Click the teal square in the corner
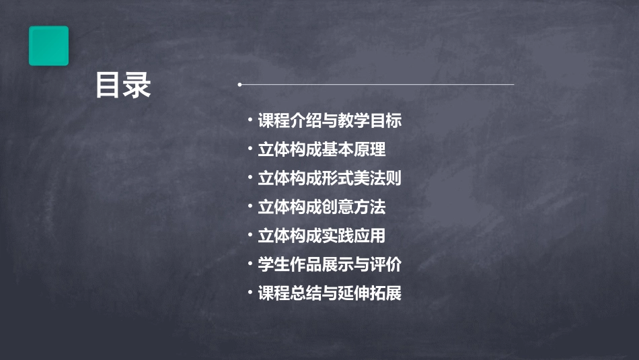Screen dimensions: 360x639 [48, 46]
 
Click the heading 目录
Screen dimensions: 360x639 [123, 86]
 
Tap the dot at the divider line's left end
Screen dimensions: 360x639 [239, 85]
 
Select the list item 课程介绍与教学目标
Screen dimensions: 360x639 [330, 121]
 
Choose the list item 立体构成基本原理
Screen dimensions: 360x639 [322, 149]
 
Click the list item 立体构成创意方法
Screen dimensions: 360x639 [322, 207]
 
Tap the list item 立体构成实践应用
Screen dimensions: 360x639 [322, 236]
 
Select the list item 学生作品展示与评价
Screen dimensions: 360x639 [330, 264]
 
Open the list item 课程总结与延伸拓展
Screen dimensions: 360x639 [330, 293]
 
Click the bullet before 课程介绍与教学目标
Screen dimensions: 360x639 [250, 121]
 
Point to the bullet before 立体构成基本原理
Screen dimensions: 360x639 [250, 149]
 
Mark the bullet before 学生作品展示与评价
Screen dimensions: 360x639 [250, 264]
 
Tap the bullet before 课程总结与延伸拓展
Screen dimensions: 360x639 [250, 293]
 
